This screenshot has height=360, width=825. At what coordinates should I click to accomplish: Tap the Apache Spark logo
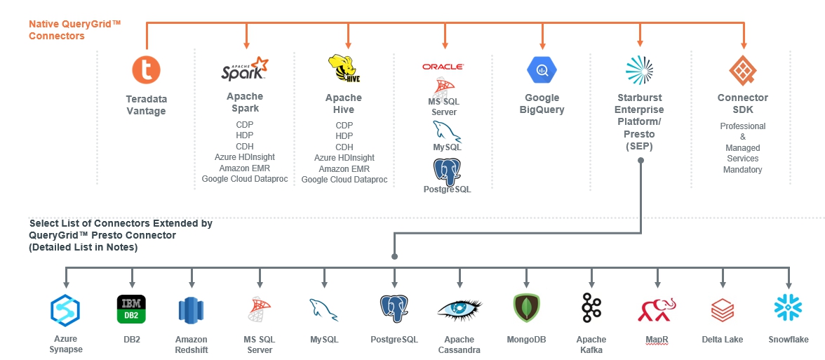coord(244,70)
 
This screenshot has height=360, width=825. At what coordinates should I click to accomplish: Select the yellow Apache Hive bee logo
coord(344,69)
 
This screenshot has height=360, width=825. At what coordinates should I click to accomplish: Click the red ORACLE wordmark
coord(443,67)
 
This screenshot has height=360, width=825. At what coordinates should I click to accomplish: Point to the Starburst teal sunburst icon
coord(639,69)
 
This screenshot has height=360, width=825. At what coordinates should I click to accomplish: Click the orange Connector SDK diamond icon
coord(743,69)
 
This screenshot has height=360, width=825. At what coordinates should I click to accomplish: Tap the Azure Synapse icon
coord(65,309)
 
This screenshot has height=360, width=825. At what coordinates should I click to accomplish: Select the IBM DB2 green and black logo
coord(131,309)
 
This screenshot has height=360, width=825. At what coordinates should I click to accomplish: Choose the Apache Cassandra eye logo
coord(460,309)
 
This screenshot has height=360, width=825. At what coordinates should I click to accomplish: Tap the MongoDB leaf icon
coord(526,309)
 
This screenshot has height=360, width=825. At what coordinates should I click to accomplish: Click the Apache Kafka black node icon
coord(591,309)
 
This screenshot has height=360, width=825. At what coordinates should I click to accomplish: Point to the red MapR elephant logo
coord(657,309)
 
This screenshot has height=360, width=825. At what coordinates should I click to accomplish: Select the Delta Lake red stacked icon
coord(723,309)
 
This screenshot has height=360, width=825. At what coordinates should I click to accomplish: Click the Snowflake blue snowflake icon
coord(788,308)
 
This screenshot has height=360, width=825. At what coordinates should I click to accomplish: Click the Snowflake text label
coord(788,340)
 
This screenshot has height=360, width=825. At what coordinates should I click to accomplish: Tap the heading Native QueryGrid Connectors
coord(75,29)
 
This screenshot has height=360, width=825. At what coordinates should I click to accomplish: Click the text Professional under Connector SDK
coord(743,126)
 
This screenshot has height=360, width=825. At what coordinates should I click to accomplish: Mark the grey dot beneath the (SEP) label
coord(640,161)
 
